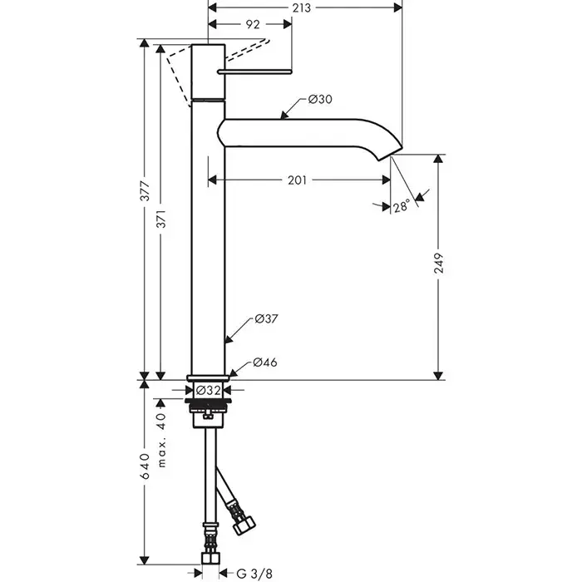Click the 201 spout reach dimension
(x=298, y=180)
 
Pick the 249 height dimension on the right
(x=441, y=264)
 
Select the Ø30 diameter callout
(x=320, y=100)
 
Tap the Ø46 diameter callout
(x=265, y=362)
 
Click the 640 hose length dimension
(x=145, y=467)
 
